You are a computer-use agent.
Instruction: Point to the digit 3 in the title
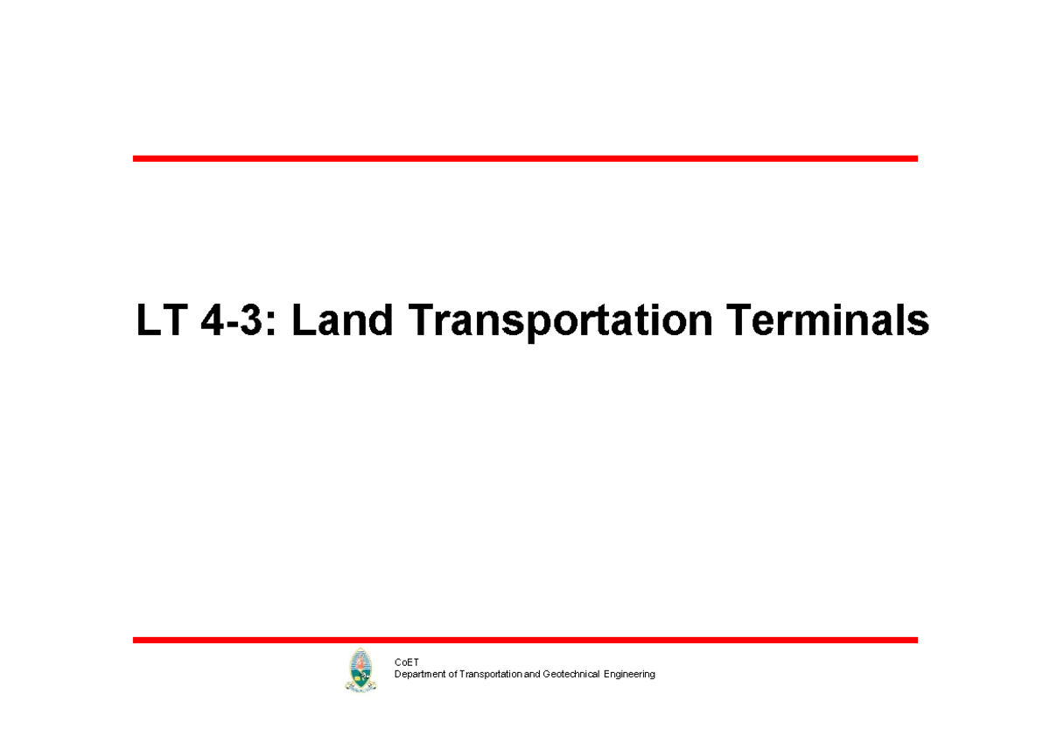tap(252, 321)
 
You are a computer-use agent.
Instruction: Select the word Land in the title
tap(342, 321)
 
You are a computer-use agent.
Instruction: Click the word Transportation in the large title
tap(561, 322)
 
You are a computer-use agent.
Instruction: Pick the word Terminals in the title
tap(827, 321)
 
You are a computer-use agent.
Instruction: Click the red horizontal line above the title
tap(525, 158)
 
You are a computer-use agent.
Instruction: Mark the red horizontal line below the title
tap(525, 640)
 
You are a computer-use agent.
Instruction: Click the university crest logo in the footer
tap(360, 670)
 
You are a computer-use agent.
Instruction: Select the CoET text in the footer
tap(407, 662)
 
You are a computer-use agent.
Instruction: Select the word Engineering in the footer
tap(630, 675)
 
